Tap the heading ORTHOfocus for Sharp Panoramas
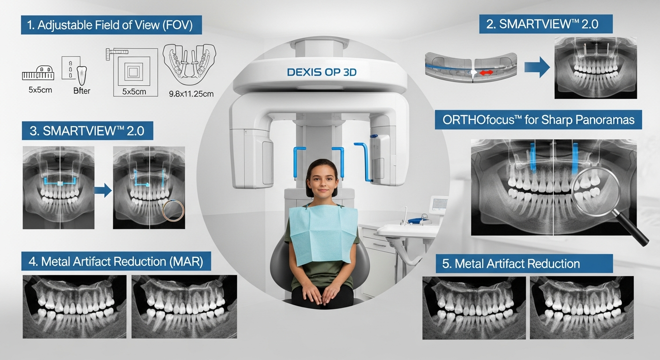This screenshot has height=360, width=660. coord(538,120)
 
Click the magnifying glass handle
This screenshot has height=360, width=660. coord(637,232)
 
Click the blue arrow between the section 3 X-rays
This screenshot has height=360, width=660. coord(103,190)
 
